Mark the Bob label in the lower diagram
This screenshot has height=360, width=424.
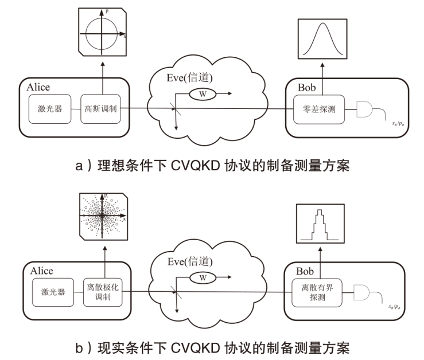point(305,269)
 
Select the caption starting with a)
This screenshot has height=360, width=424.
point(213,166)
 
